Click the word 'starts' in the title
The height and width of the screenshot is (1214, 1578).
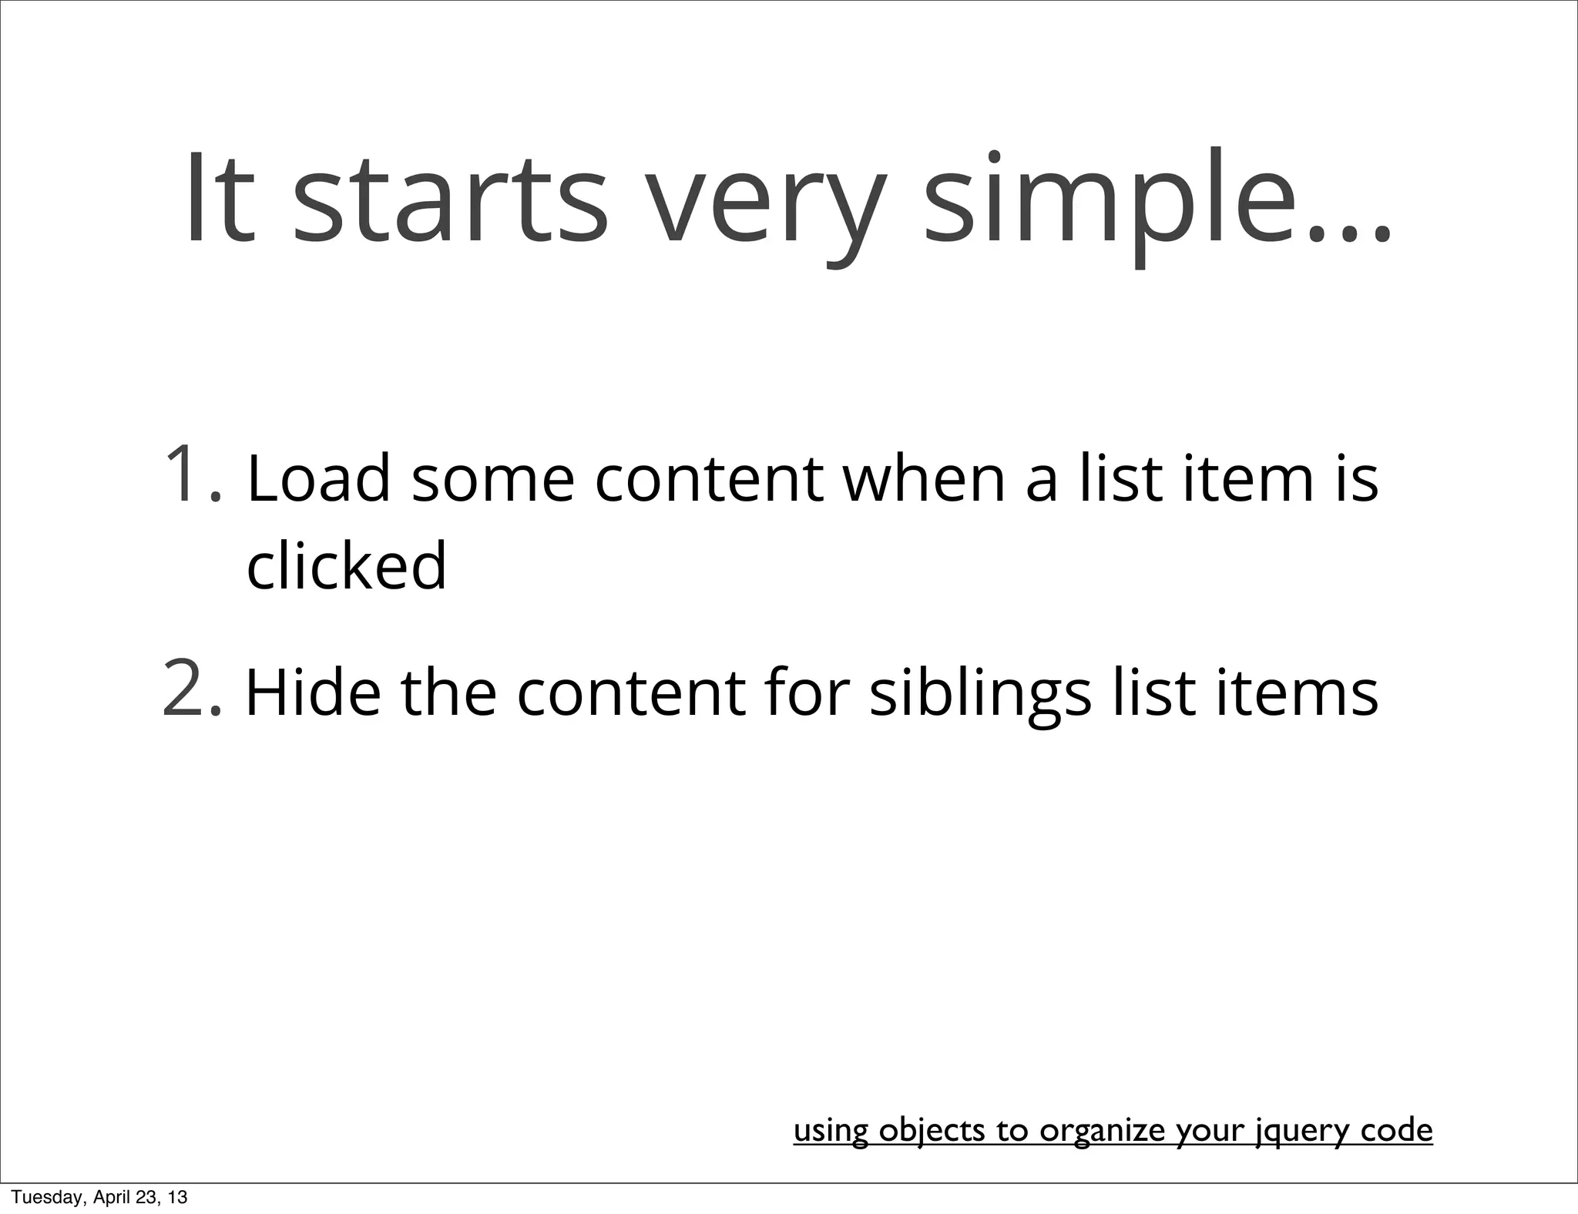451,203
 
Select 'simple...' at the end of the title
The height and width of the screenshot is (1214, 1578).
1156,203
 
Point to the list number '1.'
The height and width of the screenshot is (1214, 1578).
193,475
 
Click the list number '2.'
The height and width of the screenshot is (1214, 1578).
193,690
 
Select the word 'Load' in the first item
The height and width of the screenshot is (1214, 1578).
318,479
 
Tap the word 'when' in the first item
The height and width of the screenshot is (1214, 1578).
924,479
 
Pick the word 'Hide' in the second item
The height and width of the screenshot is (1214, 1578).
313,693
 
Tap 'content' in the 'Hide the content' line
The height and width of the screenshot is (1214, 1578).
631,693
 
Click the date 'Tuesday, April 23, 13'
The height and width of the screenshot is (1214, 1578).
99,1197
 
